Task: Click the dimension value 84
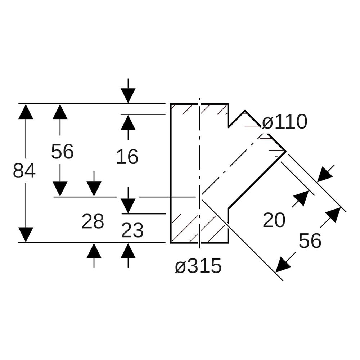point(24,171)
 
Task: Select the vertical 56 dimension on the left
point(62,152)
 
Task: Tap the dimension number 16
point(127,157)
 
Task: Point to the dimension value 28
point(93,221)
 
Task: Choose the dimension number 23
point(132,230)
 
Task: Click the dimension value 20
point(274,220)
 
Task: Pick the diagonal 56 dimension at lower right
point(310,240)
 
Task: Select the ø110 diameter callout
point(284,122)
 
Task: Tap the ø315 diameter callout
point(198,266)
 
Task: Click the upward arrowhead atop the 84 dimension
point(26,112)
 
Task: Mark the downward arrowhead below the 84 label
point(26,235)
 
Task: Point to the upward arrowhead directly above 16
point(128,122)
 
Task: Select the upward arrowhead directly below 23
point(128,251)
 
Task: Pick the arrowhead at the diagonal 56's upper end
point(333,215)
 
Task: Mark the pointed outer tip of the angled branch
point(286,151)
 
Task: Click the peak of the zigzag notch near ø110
point(245,111)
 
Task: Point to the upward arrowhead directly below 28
point(94,251)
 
